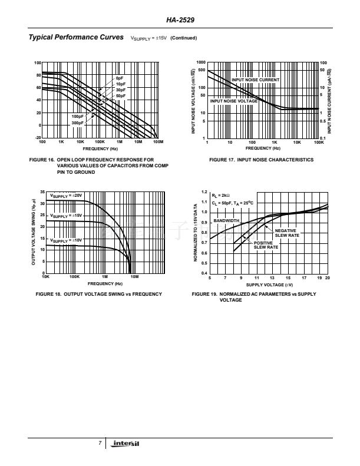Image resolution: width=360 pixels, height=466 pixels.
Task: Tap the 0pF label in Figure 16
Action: (120, 78)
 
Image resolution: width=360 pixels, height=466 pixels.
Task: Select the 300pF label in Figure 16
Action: (78, 123)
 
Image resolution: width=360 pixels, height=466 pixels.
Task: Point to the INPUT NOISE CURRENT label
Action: (255, 80)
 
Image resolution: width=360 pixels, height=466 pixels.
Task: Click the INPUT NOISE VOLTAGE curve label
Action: (234, 101)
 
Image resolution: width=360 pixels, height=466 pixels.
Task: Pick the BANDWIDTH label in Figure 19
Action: (226, 220)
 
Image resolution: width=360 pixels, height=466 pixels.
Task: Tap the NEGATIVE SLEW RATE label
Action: (286, 233)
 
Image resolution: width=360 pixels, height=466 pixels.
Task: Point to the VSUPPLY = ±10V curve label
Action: (66, 240)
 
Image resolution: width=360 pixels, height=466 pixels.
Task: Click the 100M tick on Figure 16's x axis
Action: (157, 143)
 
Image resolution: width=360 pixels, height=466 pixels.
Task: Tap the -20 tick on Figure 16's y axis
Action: (38, 137)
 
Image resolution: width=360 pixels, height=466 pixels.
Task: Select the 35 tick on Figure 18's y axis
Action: (41, 193)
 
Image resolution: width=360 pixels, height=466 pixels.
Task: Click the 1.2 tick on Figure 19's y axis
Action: (204, 192)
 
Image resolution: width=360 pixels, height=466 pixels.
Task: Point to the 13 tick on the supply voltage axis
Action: (272, 277)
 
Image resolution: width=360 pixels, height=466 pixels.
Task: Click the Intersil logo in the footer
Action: (127, 444)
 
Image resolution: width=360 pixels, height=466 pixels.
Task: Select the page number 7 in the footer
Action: (100, 443)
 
